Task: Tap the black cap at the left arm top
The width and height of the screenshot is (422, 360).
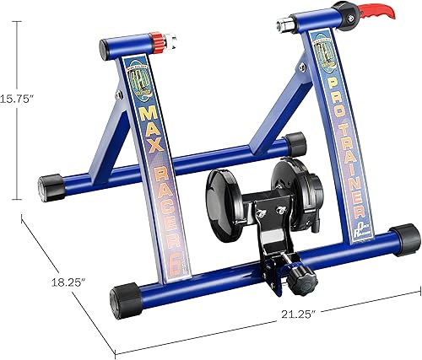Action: click(x=111, y=50)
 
